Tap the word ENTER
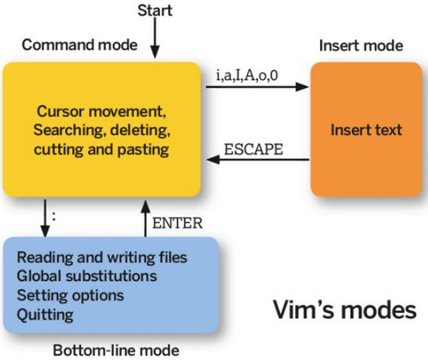(177, 223)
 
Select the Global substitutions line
(86, 276)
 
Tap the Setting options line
(70, 295)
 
